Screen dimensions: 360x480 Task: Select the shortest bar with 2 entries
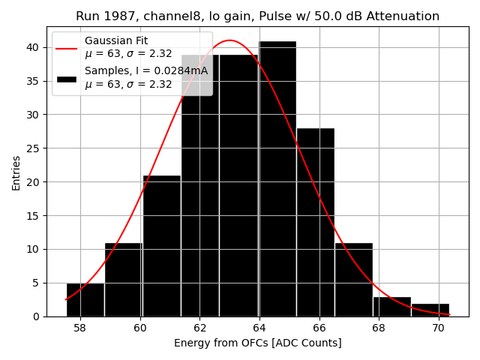tap(430, 310)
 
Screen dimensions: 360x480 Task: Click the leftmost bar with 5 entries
tap(85, 300)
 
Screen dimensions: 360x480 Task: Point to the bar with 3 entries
tap(392, 307)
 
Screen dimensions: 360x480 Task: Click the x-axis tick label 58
tap(80, 328)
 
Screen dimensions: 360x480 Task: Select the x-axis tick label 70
tap(438, 328)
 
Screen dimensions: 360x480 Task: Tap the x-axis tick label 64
tap(259, 328)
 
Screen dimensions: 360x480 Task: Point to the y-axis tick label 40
tap(33, 47)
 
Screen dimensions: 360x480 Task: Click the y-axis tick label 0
tap(36, 316)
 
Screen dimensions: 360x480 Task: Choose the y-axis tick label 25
tap(33, 148)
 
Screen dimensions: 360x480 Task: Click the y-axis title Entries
tap(16, 172)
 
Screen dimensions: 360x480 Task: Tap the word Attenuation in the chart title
tap(403, 16)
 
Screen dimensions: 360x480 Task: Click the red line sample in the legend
tap(66, 47)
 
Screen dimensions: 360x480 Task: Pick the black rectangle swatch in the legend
tap(66, 77)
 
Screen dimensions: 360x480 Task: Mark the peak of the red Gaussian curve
tap(229, 40)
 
